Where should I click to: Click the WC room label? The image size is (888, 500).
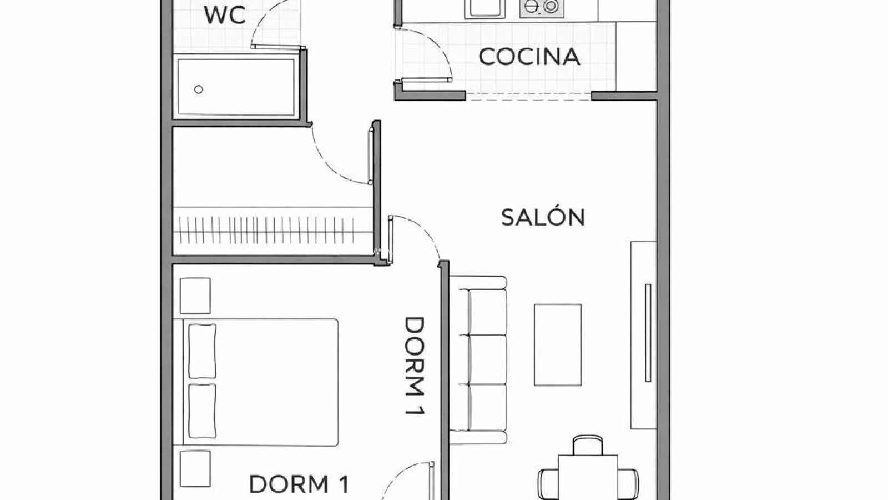[225, 16]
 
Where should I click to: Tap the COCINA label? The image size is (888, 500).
[529, 57]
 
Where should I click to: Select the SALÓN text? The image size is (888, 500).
[543, 217]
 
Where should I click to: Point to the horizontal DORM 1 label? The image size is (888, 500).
[299, 484]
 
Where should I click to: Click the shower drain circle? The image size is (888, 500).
[199, 89]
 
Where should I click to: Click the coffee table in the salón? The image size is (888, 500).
[558, 344]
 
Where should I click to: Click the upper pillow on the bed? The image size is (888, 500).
[202, 351]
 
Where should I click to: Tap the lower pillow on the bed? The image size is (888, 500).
[202, 411]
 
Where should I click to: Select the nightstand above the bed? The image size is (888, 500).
[195, 296]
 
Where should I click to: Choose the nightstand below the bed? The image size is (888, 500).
[195, 468]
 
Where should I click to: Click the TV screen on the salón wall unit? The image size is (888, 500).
[647, 333]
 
